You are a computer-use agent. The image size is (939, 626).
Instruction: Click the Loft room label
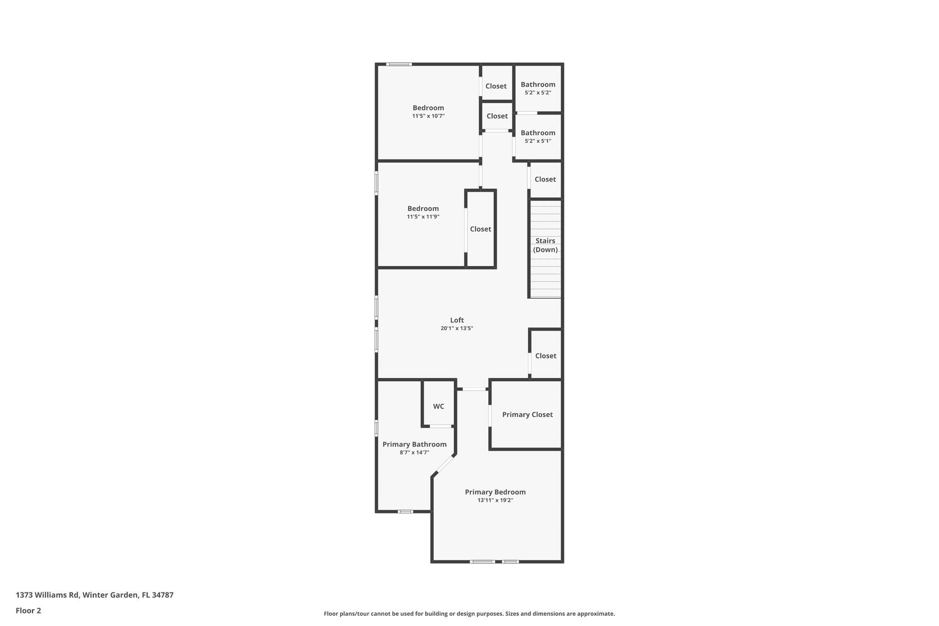(457, 320)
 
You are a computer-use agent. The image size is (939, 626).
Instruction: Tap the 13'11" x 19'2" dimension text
(495, 500)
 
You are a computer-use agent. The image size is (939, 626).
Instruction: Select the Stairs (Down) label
(545, 245)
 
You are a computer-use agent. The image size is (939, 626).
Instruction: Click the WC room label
(438, 406)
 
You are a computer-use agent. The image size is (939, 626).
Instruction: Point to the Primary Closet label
(527, 415)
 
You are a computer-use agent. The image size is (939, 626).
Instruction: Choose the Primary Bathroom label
(414, 444)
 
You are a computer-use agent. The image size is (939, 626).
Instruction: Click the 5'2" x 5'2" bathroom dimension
(538, 93)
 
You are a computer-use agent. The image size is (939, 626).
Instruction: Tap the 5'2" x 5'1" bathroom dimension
(538, 141)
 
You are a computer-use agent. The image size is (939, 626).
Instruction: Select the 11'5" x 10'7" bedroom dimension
(428, 116)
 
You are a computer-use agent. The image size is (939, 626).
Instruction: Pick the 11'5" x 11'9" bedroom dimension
(423, 216)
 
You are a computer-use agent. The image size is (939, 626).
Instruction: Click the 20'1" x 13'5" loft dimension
(457, 328)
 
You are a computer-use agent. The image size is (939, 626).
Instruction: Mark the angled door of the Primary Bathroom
(443, 466)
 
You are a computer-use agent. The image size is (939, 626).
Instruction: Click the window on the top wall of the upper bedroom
(398, 64)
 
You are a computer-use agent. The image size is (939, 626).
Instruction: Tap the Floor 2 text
(28, 610)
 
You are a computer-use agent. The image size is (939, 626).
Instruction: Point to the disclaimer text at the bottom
(469, 614)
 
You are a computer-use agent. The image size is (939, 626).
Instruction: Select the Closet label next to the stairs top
(545, 179)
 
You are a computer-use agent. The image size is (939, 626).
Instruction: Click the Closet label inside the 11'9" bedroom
(481, 229)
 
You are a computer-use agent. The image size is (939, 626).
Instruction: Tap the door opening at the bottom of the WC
(440, 427)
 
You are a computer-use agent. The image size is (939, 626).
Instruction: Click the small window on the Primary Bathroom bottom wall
(405, 511)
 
